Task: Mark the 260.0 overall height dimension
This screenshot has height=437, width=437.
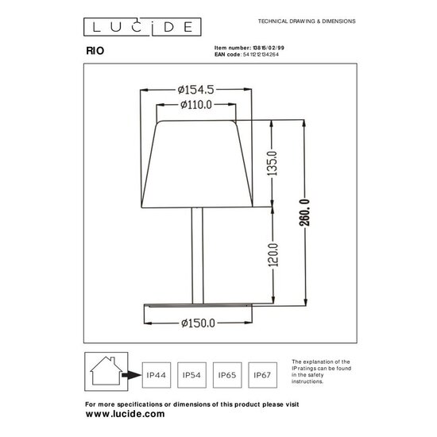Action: pyautogui.click(x=304, y=212)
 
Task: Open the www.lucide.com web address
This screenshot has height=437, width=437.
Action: pyautogui.click(x=125, y=415)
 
